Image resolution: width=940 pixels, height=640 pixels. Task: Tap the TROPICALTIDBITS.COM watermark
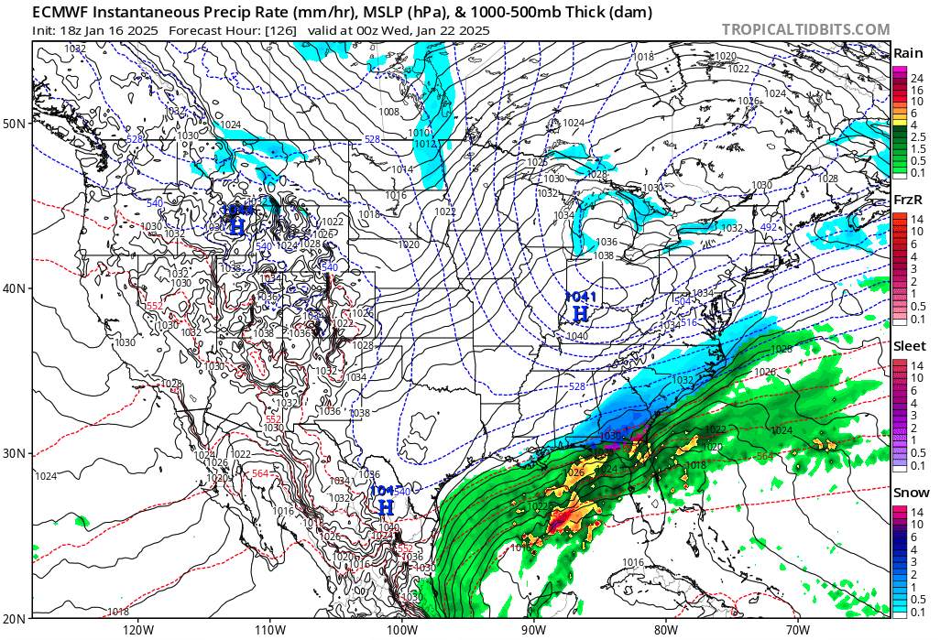[x=805, y=29]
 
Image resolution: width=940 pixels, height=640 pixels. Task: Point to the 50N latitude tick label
[x=16, y=123]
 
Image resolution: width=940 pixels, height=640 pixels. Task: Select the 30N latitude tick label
[x=16, y=453]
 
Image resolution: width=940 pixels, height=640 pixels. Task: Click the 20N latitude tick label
[x=16, y=616]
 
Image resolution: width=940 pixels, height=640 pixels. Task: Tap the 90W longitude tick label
[x=533, y=630]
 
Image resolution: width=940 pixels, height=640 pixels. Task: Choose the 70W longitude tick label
[x=797, y=630]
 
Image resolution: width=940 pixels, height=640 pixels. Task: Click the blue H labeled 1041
[x=580, y=314]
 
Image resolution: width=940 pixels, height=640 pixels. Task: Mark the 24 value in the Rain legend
[x=916, y=79]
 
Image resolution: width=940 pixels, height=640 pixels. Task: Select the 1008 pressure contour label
[x=389, y=112]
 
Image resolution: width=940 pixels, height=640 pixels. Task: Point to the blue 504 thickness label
[x=682, y=301]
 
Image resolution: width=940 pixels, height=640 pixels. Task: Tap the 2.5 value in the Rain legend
[x=917, y=136]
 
